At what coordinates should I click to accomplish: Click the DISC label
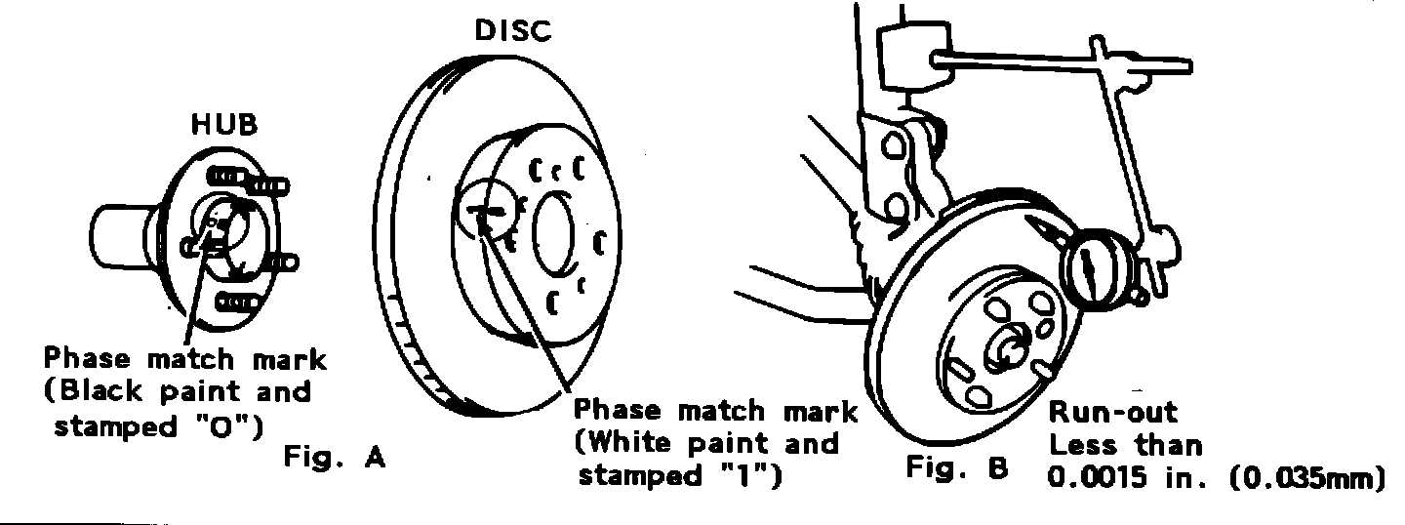pos(512,31)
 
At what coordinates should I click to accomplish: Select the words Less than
pos(1124,447)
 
